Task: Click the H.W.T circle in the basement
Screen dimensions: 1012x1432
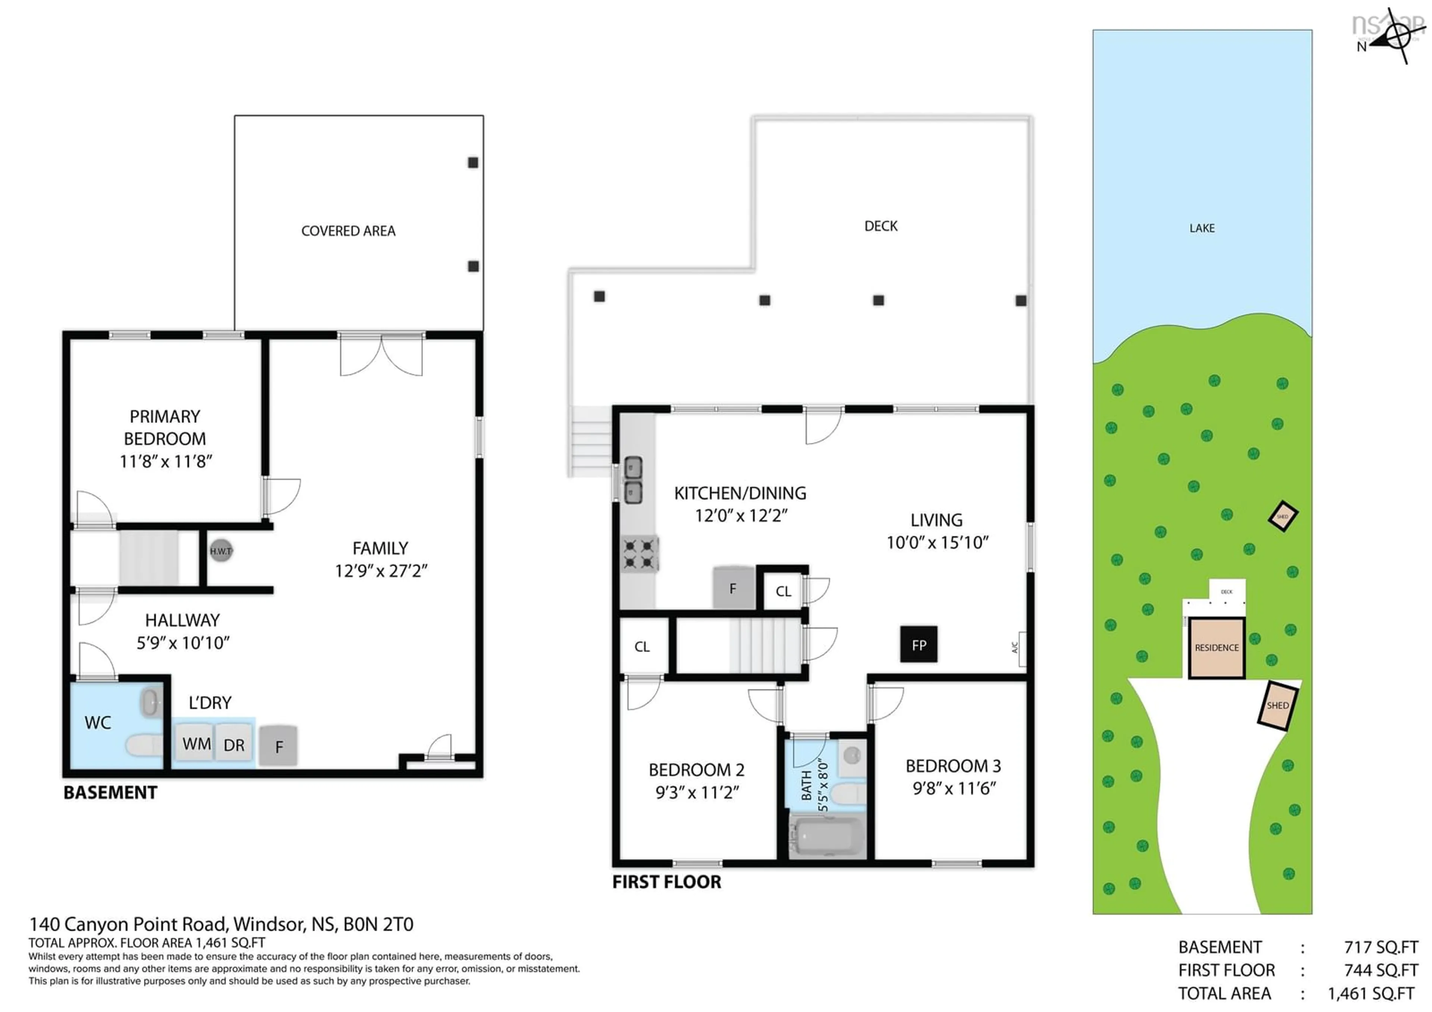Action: pyautogui.click(x=220, y=551)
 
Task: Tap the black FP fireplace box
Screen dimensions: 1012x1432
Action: pyautogui.click(x=918, y=645)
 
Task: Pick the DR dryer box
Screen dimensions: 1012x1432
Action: pyautogui.click(x=234, y=745)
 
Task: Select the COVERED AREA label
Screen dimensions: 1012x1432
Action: pyautogui.click(x=348, y=231)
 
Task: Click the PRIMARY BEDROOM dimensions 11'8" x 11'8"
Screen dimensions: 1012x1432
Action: pyautogui.click(x=165, y=461)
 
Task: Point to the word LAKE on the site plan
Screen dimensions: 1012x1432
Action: pyautogui.click(x=1201, y=228)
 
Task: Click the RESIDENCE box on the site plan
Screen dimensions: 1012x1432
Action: pyautogui.click(x=1216, y=648)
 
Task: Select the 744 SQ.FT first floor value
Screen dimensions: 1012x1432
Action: pyautogui.click(x=1380, y=970)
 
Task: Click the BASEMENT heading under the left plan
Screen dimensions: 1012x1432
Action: pyautogui.click(x=110, y=792)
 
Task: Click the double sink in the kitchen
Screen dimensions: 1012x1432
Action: pyautogui.click(x=633, y=480)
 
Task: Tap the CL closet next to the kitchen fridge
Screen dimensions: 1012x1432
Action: pyautogui.click(x=783, y=591)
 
